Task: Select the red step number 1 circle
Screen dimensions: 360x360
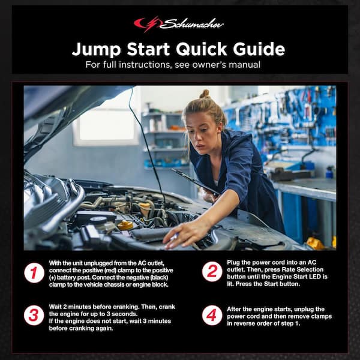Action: [34, 273]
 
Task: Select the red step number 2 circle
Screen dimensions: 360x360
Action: [212, 271]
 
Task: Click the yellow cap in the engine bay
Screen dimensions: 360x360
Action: [125, 226]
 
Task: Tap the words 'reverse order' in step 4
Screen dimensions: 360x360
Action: [254, 324]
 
